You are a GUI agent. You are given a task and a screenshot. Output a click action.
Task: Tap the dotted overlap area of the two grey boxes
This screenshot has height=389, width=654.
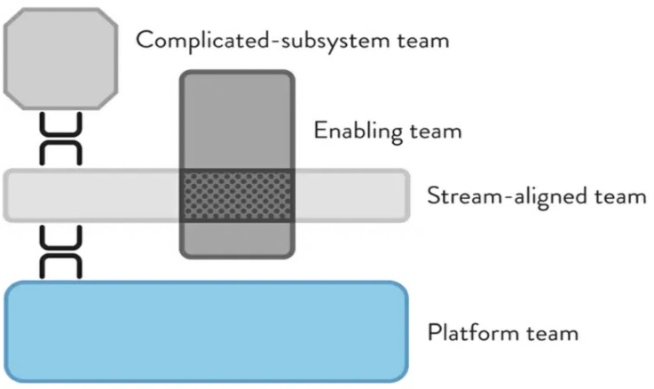238,195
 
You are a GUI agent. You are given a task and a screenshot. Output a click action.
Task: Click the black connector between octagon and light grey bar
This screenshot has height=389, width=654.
61,139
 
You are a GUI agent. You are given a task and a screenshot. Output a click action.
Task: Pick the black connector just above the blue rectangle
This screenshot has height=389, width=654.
61,252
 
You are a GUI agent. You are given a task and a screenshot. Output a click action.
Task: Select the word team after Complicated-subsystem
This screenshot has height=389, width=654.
419,40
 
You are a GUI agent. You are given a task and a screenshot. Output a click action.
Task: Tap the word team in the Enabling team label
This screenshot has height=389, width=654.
434,131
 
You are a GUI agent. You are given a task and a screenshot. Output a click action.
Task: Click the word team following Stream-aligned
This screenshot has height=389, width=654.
619,196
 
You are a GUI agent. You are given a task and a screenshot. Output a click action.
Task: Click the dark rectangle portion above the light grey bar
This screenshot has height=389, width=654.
238,120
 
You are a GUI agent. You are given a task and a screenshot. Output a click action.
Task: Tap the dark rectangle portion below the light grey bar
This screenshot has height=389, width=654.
238,238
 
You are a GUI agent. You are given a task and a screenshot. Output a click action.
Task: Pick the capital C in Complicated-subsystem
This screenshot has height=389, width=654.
144,40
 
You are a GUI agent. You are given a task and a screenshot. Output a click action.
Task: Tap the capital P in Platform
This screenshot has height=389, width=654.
434,334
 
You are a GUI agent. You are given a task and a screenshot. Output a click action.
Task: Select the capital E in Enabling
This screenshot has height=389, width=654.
319,131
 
